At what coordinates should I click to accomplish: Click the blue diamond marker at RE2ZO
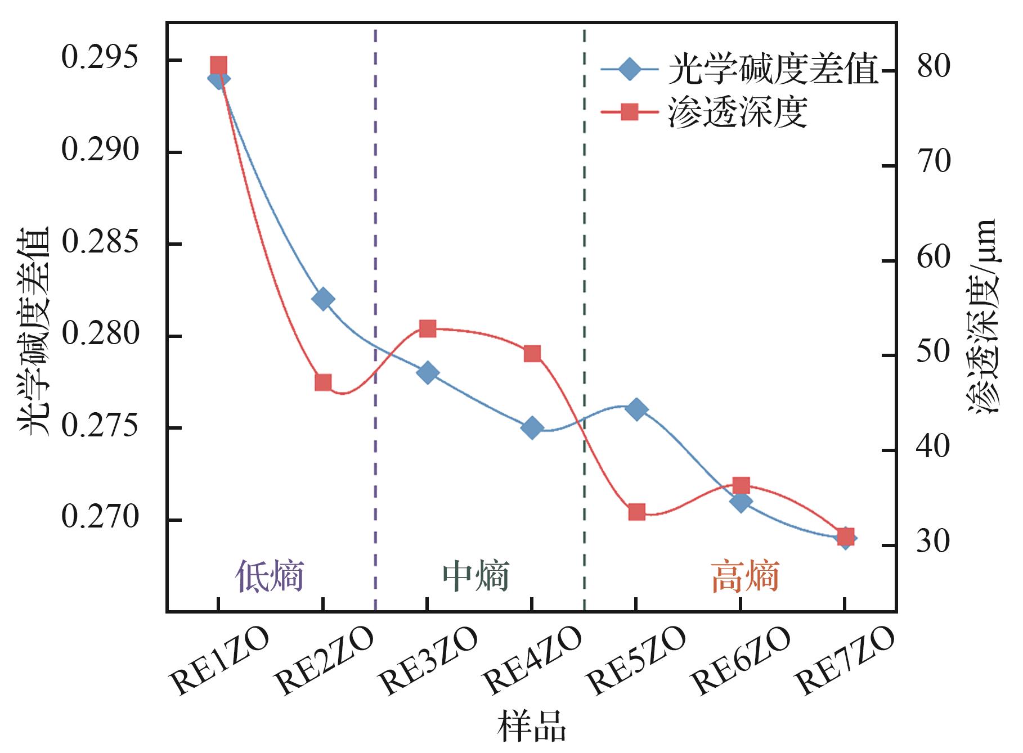pyautogui.click(x=323, y=299)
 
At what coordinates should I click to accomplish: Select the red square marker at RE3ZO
pyautogui.click(x=428, y=329)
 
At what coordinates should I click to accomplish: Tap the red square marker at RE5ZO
pyautogui.click(x=636, y=512)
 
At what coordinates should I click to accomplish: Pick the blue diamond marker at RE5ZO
pyautogui.click(x=636, y=409)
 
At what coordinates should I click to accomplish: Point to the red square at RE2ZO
pyautogui.click(x=323, y=383)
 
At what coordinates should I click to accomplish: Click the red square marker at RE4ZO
pyautogui.click(x=532, y=354)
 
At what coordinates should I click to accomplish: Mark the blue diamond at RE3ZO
pyautogui.click(x=428, y=373)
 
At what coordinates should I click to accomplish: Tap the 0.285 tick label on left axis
pyautogui.click(x=100, y=244)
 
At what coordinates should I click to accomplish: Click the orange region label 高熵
pyautogui.click(x=745, y=576)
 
